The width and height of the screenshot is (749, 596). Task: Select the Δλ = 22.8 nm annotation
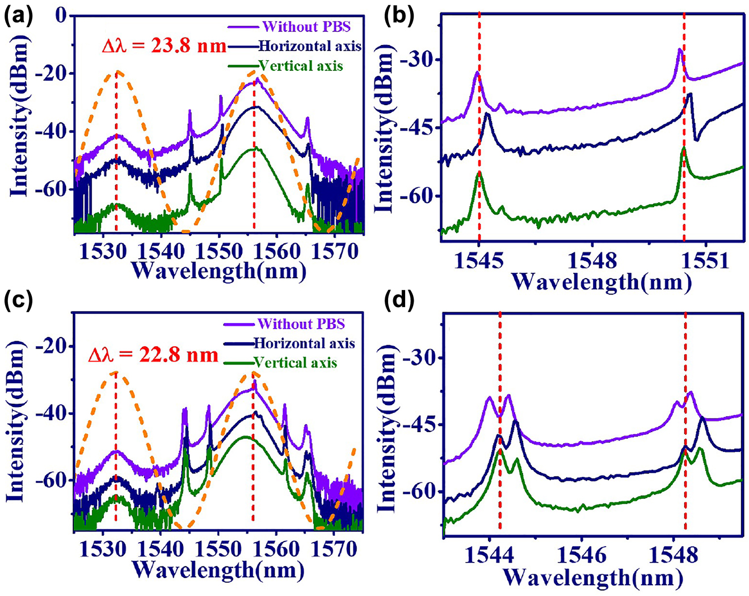pyautogui.click(x=153, y=356)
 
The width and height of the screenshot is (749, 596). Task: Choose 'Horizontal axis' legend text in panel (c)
pyautogui.click(x=304, y=343)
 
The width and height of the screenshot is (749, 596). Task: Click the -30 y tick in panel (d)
pyautogui.click(x=420, y=358)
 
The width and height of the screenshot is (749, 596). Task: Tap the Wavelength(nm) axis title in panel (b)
pyautogui.click(x=601, y=282)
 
